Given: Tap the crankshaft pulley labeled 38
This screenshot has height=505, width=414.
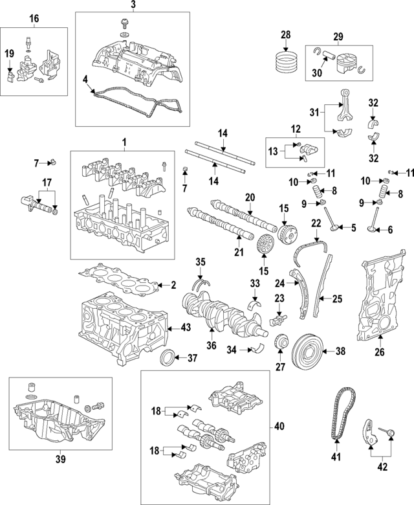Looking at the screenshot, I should click(x=309, y=352).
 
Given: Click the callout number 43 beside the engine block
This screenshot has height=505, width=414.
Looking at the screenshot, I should click(x=185, y=328).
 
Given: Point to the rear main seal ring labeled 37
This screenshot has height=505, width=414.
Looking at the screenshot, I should click(x=168, y=357).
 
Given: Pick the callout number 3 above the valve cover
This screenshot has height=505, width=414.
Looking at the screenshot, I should click(x=133, y=6).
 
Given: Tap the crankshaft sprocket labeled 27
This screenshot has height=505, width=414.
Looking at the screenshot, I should click(x=281, y=342).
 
